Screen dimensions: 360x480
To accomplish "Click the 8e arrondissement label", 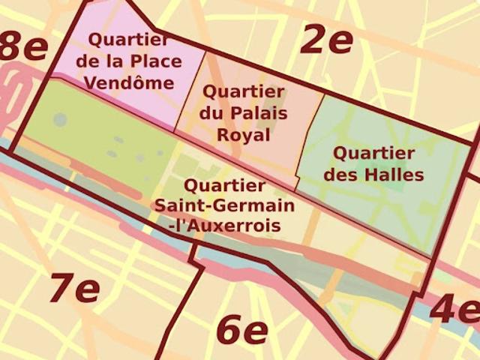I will tap(22, 46).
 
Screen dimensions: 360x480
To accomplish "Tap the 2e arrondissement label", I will tap(326, 39).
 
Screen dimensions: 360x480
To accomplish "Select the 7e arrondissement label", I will tap(73, 288).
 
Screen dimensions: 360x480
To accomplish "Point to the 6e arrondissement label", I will tap(241, 330).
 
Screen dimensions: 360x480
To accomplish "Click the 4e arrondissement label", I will tap(454, 309).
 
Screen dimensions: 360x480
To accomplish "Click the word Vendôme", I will tap(129, 82).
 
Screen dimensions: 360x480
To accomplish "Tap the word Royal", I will tap(244, 136).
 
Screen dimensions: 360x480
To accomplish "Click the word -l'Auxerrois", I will tap(224, 225).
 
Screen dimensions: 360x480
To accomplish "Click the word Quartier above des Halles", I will tap(373, 154).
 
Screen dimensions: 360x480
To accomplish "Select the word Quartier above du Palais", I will tap(244, 93).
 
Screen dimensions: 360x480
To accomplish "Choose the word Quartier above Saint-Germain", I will tap(223, 184).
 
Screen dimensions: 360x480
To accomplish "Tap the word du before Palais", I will tap(210, 115).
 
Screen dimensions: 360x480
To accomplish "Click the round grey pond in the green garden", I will tap(60, 119).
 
